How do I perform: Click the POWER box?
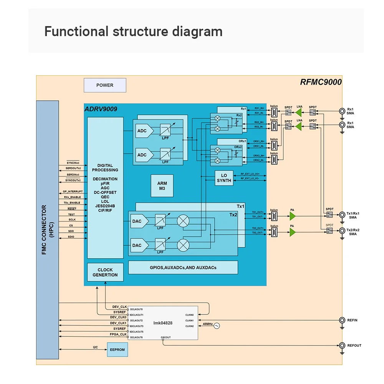tap(105, 85)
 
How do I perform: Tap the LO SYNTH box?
tap(224, 178)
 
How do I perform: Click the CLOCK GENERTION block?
tap(105, 272)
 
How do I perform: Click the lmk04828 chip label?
tap(163, 323)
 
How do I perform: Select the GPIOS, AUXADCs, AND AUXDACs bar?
tap(183, 267)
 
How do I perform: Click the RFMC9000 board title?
tap(321, 82)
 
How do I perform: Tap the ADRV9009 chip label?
tap(101, 109)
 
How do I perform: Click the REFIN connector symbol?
tap(342, 320)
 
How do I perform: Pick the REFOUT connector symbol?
tap(342, 346)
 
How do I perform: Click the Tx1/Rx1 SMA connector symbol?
tap(342, 215)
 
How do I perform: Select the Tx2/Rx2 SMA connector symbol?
tap(342, 231)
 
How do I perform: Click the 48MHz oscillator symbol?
tap(217, 326)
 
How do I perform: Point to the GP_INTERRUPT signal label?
tap(73, 192)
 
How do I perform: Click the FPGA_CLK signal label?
tap(118, 334)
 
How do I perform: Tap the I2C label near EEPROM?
tap(95, 347)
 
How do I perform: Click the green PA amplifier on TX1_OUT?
tap(293, 217)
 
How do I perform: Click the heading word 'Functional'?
tap(76, 31)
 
